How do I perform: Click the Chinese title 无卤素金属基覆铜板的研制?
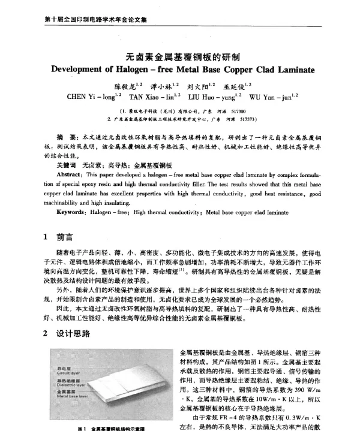pyautogui.click(x=180, y=53)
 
